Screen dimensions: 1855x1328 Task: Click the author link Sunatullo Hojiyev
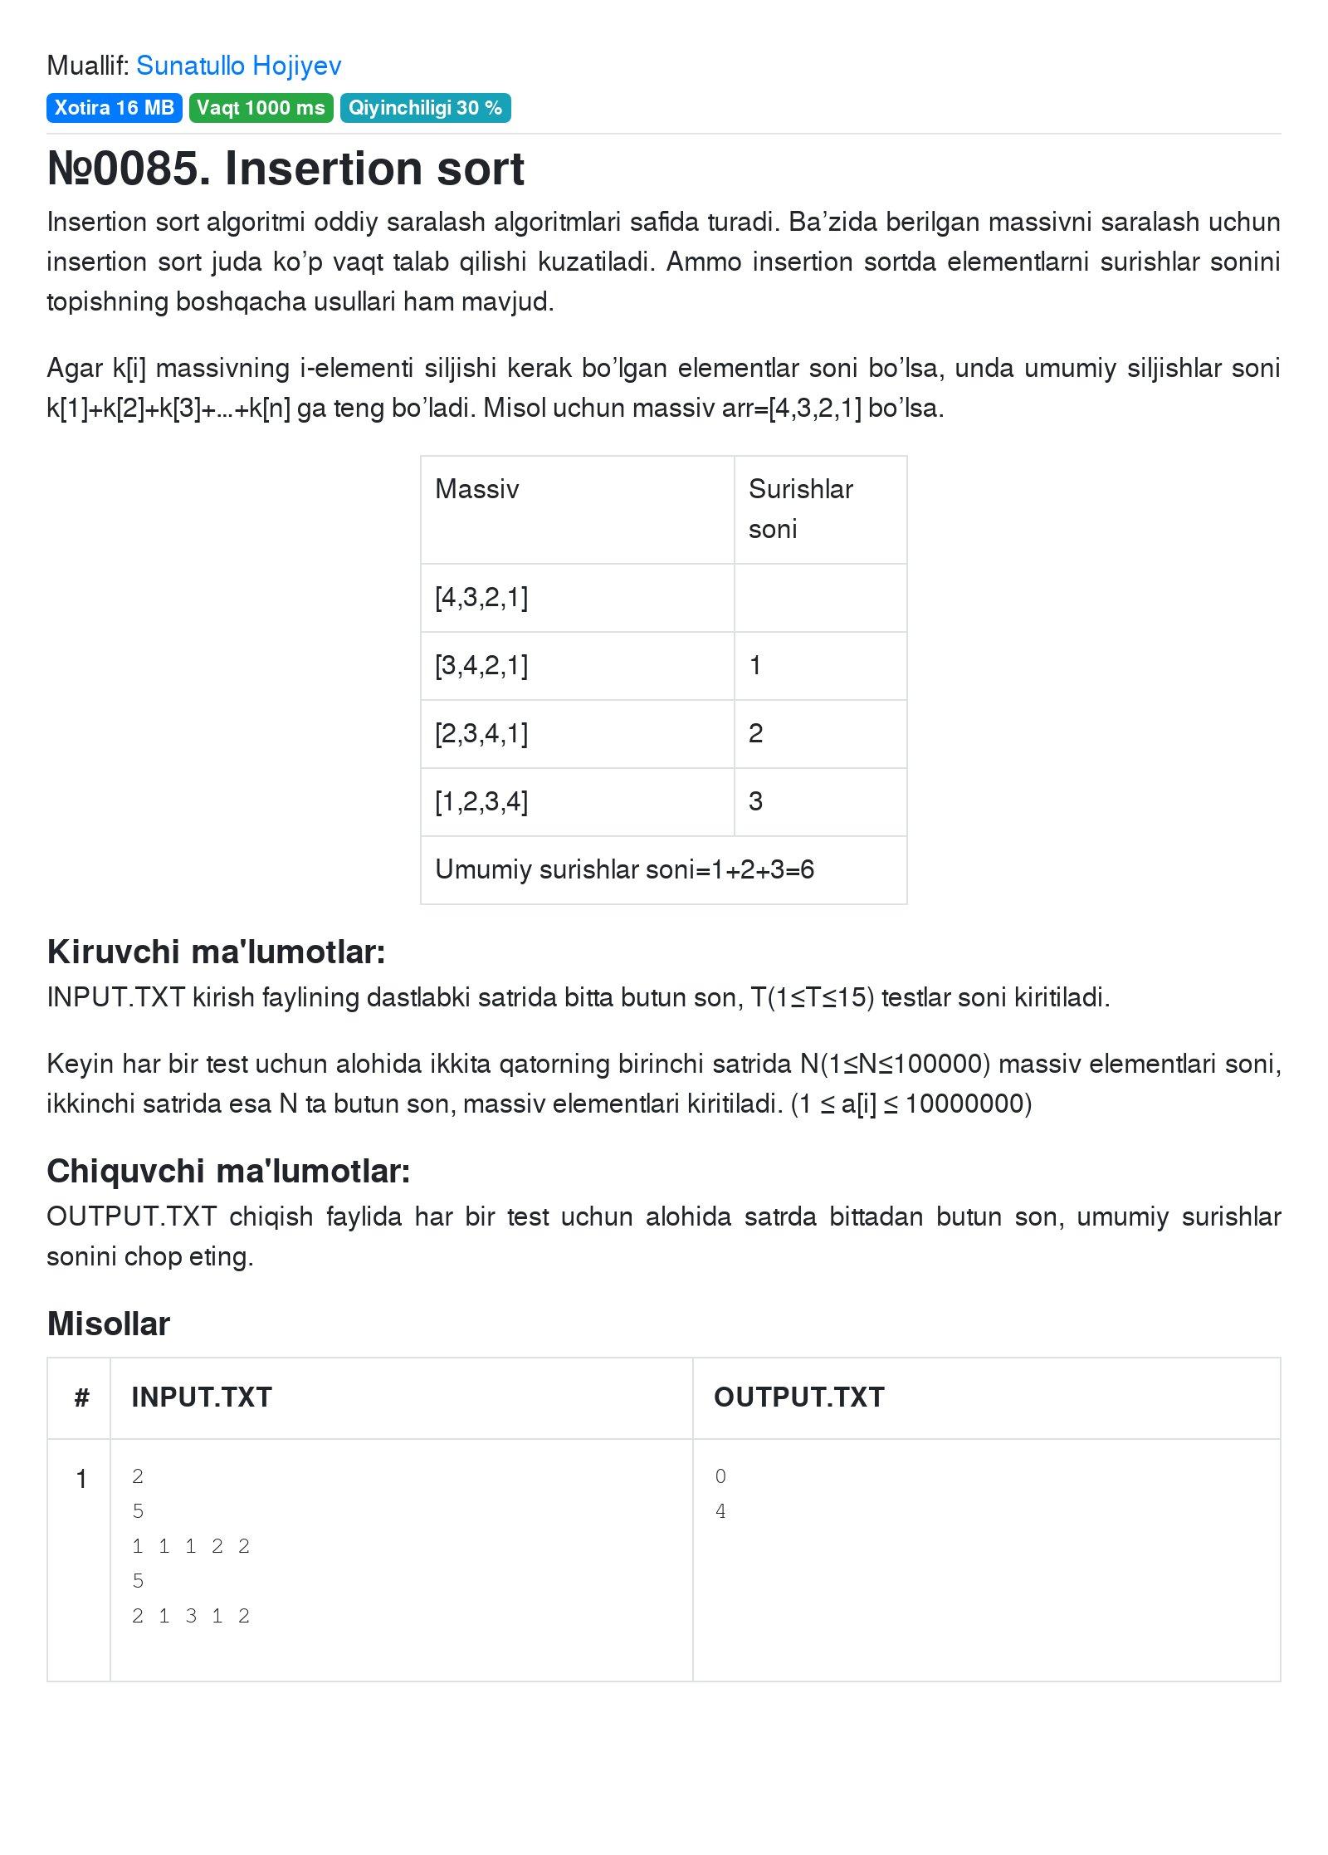coord(238,66)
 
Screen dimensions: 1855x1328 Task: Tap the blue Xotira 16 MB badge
coord(114,108)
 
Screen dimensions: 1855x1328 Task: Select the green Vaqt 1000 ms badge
coord(261,108)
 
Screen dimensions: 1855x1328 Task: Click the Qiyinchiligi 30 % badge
coord(425,108)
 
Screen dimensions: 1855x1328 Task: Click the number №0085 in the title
coord(124,169)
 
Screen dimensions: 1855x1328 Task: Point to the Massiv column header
coord(477,489)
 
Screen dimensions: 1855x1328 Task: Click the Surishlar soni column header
coord(800,508)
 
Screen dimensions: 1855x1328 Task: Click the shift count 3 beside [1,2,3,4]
coord(755,802)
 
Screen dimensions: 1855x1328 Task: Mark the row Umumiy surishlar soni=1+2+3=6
coord(624,870)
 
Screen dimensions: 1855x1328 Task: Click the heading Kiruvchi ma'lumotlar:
coord(216,952)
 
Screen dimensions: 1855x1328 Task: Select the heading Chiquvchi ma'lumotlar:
coord(228,1172)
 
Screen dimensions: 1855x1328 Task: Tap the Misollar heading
coord(109,1324)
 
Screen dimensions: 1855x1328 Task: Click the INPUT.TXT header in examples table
coord(202,1397)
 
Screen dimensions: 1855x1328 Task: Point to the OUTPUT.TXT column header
coord(798,1397)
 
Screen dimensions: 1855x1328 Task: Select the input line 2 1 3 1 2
coord(191,1616)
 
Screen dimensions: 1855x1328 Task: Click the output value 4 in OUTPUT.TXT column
coord(720,1511)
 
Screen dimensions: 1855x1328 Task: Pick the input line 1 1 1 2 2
coord(191,1546)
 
